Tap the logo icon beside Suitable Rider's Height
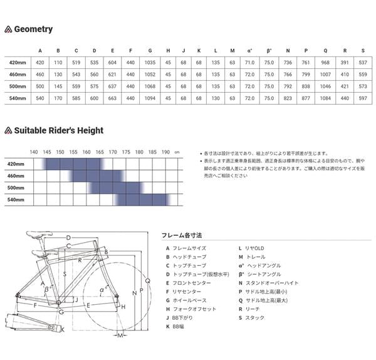click(x=8, y=131)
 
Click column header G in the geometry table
click(x=150, y=51)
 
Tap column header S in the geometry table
click(x=363, y=51)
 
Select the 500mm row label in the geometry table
click(x=16, y=86)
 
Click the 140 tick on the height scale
click(x=34, y=152)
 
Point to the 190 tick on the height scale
click(x=165, y=152)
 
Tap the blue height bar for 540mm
click(x=143, y=200)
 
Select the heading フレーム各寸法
click(x=182, y=235)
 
